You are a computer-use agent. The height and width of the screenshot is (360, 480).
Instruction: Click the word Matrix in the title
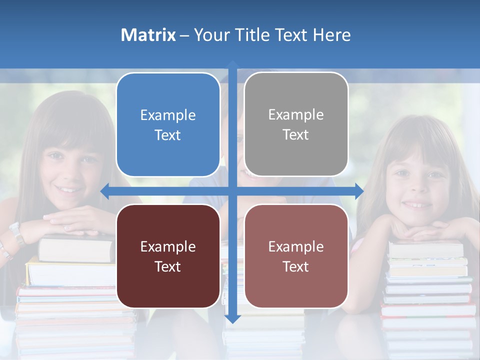point(148,35)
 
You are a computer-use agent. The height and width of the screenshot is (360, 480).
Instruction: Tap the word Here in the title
point(331,35)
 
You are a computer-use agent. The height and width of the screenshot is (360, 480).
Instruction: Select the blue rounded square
point(168,124)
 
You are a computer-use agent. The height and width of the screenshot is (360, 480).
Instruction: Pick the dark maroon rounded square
point(168,256)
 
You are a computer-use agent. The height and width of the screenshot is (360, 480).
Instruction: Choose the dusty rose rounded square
point(296,256)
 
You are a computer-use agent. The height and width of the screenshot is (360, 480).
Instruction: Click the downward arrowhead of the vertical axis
point(232,318)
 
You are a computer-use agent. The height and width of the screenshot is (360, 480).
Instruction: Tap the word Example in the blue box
point(168,115)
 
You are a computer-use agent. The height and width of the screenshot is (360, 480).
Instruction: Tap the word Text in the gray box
point(296,134)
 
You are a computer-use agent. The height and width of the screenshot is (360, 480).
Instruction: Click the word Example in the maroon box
point(168,246)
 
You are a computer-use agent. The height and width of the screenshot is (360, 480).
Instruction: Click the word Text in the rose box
point(296,266)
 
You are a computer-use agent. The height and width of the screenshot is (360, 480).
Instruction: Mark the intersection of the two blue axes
point(232,191)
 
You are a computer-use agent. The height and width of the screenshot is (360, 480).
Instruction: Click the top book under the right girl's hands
point(426,249)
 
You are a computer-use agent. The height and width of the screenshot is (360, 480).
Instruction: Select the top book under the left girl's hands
point(75,248)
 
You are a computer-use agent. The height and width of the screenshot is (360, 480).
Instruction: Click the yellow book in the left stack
point(70,272)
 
